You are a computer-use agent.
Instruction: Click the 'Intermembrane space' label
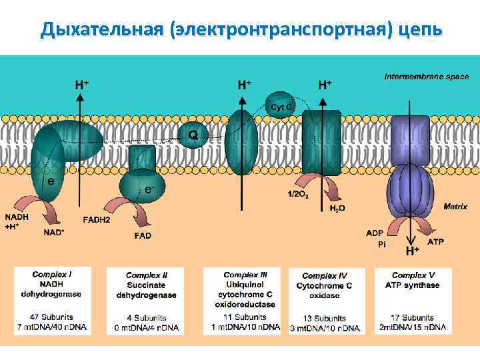[x=426, y=77]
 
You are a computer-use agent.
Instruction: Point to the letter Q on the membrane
[x=193, y=135]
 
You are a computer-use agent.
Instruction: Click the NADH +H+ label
[x=16, y=221]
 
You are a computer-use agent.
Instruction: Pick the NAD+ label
[x=54, y=233]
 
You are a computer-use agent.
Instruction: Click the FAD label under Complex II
[x=143, y=235]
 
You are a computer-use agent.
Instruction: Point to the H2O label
[x=338, y=209]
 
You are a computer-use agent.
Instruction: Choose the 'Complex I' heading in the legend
[x=52, y=275]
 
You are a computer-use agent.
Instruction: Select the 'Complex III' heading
[x=245, y=275]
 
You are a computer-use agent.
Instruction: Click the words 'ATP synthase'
[x=413, y=285]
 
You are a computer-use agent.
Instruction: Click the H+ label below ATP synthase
[x=413, y=251]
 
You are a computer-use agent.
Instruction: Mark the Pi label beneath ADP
[x=382, y=245]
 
